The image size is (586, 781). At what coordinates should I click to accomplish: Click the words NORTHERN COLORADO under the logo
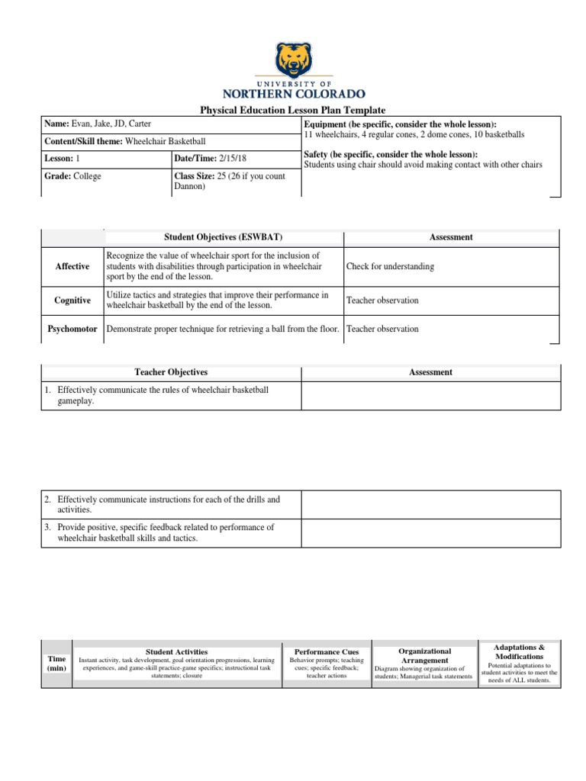(x=293, y=95)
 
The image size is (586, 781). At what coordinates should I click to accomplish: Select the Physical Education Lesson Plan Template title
(x=293, y=111)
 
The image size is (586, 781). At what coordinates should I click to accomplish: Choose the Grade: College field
(x=72, y=176)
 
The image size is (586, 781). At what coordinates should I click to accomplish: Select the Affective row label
(x=72, y=266)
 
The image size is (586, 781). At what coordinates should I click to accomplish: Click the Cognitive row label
(x=72, y=301)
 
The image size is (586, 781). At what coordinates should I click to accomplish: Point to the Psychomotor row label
(x=72, y=329)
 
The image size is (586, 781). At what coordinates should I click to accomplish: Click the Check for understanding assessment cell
(x=390, y=267)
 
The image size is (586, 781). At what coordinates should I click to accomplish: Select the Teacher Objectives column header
(x=171, y=372)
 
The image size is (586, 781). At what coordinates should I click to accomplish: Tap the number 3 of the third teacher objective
(x=47, y=527)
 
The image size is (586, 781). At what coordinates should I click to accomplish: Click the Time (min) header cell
(x=56, y=663)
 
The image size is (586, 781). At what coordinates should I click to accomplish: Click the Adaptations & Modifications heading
(x=519, y=651)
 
